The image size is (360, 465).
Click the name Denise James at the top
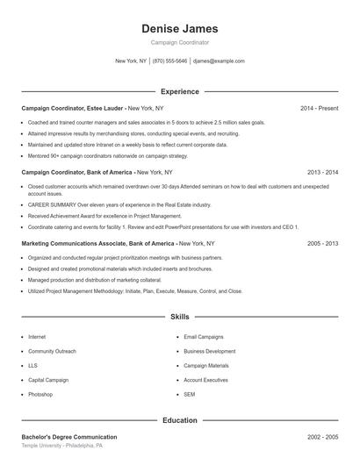pos(179,29)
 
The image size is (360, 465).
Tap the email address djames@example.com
pos(219,61)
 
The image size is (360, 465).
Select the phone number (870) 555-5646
pos(169,61)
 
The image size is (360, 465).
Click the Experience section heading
pos(179,91)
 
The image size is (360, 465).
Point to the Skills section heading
pos(179,316)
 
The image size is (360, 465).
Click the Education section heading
pos(179,420)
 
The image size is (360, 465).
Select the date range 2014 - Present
pos(319,108)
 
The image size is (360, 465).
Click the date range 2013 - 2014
pos(322,173)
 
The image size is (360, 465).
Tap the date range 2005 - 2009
pos(322,243)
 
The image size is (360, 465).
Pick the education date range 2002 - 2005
pos(322,437)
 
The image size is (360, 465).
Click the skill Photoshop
pos(40,395)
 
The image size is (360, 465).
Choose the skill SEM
pos(190,395)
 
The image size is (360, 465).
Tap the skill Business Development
pos(209,351)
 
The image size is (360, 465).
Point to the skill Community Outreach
pos(52,351)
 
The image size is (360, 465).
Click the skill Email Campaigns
pos(203,337)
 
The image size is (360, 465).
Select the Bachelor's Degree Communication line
pos(68,437)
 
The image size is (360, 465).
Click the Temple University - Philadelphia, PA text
pos(62,446)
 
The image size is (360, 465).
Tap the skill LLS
pos(33,366)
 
